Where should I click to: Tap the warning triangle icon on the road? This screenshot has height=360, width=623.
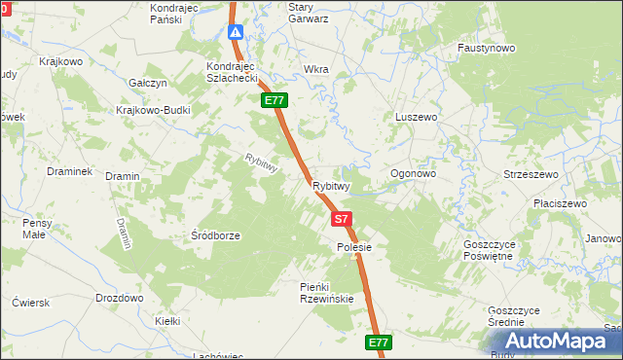(x=236, y=32)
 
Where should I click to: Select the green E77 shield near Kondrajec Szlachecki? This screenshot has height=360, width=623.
(x=273, y=100)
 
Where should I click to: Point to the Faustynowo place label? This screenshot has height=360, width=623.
(x=486, y=47)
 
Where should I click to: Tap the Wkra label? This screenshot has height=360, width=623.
(x=316, y=70)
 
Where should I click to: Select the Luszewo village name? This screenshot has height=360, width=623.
(x=417, y=117)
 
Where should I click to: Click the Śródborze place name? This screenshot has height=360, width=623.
(x=215, y=235)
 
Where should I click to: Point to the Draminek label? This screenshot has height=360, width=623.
(x=69, y=171)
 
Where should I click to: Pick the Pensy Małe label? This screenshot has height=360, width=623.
(x=34, y=229)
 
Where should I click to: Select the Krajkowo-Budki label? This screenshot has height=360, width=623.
(x=153, y=110)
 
